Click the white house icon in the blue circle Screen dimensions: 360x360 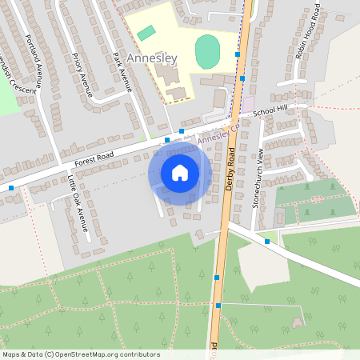(180, 173)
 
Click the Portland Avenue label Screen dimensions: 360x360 (34, 58)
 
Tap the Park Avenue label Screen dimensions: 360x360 (122, 70)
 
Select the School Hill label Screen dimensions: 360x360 (270, 110)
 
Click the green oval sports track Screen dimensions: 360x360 (207, 51)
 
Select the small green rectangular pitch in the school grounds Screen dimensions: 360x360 (146, 33)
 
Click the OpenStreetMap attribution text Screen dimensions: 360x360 (81, 354)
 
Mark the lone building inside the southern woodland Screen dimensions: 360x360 (298, 322)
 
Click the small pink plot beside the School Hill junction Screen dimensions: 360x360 (248, 104)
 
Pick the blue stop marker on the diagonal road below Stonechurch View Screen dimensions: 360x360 (266, 241)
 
